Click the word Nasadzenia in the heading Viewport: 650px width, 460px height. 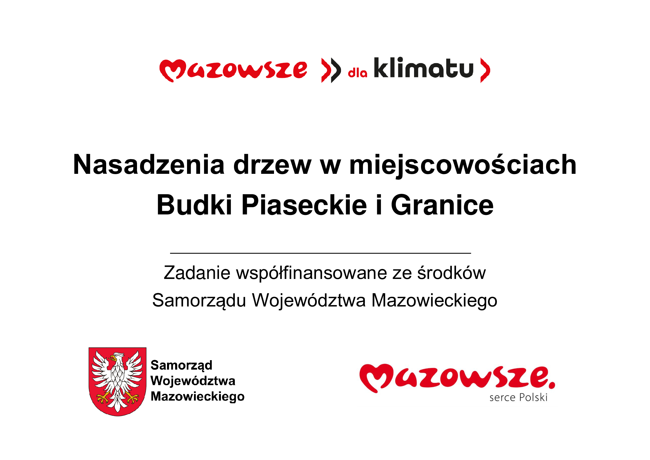click(x=149, y=165)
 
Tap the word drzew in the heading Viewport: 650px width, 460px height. click(x=272, y=165)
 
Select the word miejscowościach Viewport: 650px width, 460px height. click(x=463, y=165)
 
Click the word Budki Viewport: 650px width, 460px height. click(x=195, y=205)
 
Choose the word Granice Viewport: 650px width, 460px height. click(x=442, y=205)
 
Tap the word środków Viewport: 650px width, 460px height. click(x=452, y=273)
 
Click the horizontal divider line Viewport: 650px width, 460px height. click(x=320, y=253)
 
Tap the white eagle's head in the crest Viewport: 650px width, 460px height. click(x=116, y=357)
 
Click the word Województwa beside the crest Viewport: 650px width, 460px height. click(x=193, y=381)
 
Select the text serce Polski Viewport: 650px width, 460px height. click(x=518, y=397)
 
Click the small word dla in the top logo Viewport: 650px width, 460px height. click(x=358, y=73)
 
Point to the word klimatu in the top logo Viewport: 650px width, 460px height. click(x=424, y=67)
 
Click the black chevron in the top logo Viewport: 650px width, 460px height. click(x=336, y=70)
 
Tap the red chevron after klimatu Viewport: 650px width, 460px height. click(x=485, y=70)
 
